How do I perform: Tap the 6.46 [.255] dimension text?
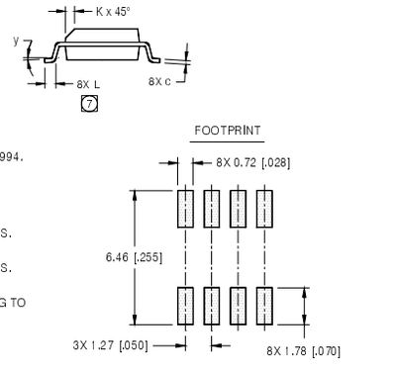coord(134,257)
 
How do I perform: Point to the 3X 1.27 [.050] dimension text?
coord(110,345)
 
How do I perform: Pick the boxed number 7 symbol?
coord(88,104)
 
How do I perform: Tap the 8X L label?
coord(88,84)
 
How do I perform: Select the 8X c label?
coord(160,80)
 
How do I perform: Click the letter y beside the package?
coord(16,41)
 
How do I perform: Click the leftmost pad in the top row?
coord(184,209)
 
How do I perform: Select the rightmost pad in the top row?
coord(263,209)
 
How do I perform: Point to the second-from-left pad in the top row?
coord(211,209)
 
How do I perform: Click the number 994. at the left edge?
coord(10,155)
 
